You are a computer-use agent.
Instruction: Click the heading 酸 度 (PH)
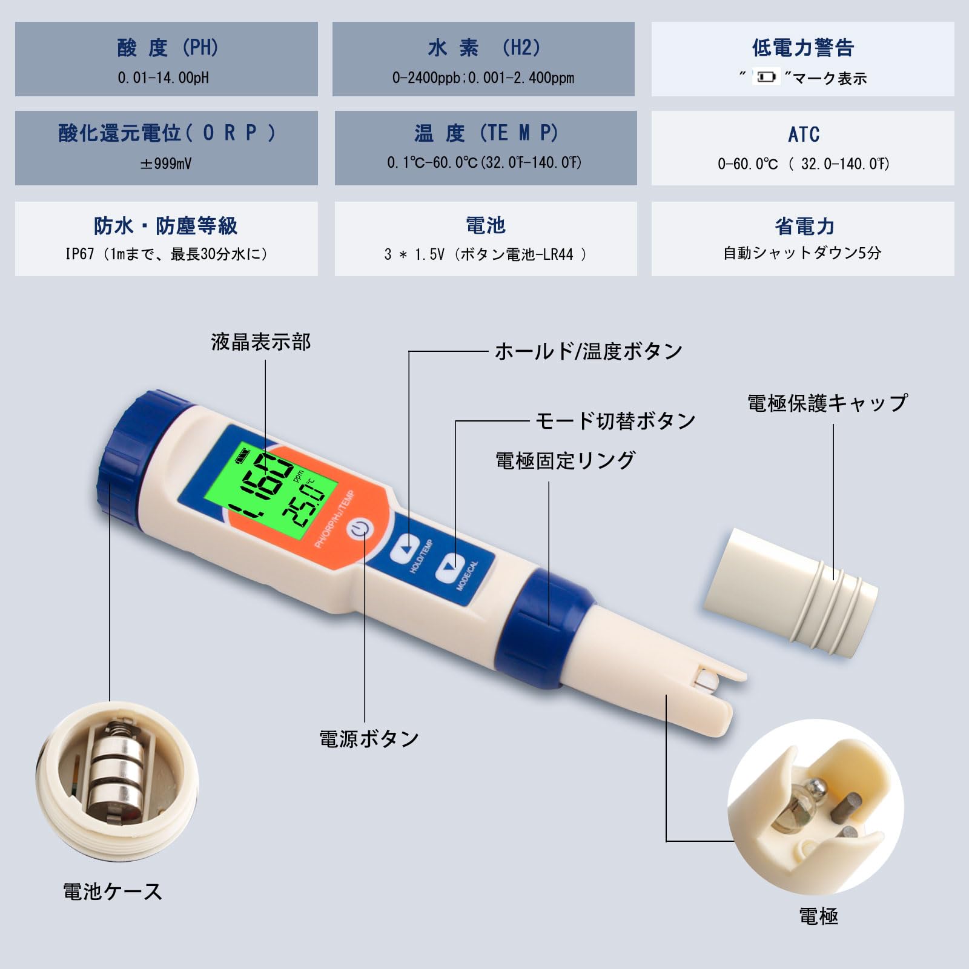(168, 47)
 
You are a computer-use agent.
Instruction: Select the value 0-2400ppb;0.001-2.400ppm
(483, 78)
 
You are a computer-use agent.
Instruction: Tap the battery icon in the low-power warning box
(766, 77)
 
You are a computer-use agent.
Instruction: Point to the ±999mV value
(166, 164)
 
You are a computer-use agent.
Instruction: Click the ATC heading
(804, 134)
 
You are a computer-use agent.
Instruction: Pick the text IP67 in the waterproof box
(80, 254)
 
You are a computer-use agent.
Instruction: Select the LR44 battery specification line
(486, 254)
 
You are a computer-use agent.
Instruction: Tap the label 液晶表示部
(261, 342)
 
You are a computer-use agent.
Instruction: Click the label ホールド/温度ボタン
(589, 351)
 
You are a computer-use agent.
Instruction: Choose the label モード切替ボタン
(616, 421)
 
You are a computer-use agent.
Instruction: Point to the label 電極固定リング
(566, 461)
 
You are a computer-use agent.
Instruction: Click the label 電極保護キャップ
(828, 403)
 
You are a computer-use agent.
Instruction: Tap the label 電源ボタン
(369, 739)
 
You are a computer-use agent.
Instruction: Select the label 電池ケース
(113, 891)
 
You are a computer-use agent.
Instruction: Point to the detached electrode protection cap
(790, 592)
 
